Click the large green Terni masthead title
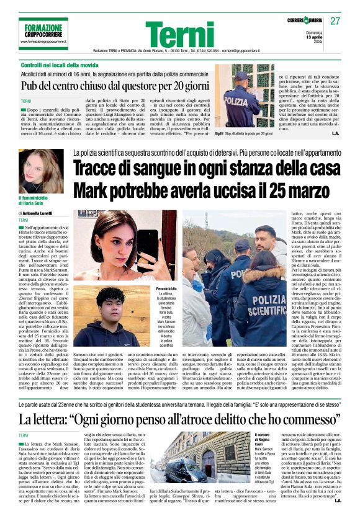(x=179, y=34)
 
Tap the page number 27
(x=335, y=20)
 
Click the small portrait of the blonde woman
(x=41, y=171)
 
